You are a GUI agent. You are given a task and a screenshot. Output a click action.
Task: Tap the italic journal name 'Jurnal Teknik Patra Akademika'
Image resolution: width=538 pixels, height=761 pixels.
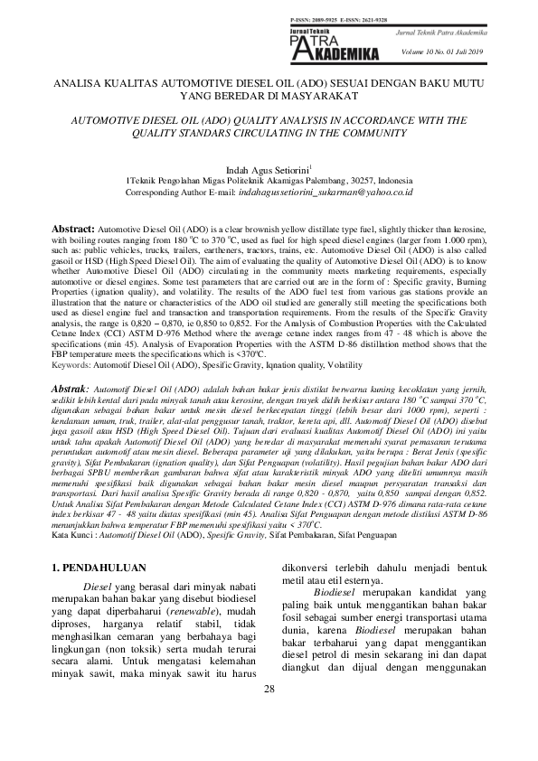435,33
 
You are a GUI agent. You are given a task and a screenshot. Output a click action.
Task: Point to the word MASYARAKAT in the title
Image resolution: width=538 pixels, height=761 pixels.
307,94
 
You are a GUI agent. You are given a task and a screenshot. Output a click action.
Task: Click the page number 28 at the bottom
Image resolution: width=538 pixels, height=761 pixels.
269,716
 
